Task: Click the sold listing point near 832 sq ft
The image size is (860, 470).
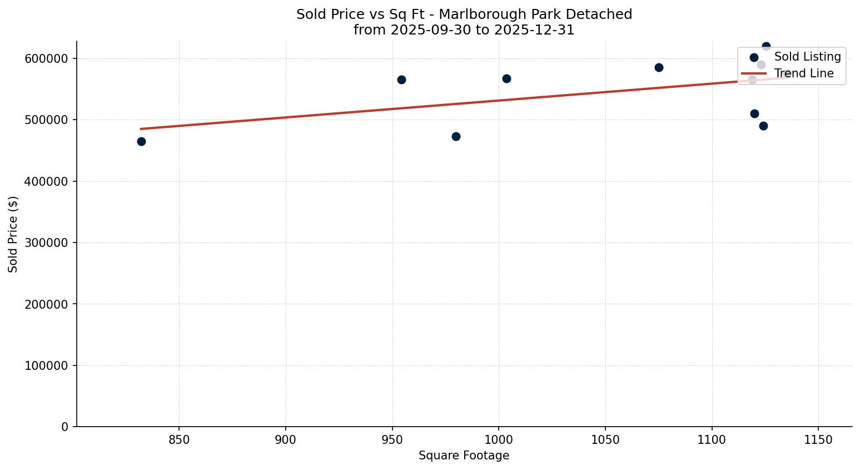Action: coord(141,141)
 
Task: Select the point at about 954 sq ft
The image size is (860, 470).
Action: coord(401,80)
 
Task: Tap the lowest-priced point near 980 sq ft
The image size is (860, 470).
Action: coord(456,136)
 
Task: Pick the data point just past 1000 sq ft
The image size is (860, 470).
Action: coord(506,78)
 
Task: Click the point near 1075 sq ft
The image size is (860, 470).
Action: coord(659,67)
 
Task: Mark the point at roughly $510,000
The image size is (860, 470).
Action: coord(754,113)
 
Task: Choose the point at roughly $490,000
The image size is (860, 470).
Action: coord(763,126)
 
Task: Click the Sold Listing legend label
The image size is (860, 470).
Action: coord(807,57)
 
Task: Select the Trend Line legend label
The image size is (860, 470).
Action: coord(804,73)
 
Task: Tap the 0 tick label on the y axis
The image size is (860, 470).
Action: coord(64,427)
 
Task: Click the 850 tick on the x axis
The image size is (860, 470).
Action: coord(179,440)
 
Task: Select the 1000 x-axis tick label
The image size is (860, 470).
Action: coord(499,440)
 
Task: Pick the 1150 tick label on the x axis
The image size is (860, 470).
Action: coord(818,440)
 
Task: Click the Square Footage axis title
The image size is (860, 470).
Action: coord(464,456)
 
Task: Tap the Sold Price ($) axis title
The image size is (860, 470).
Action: coord(13,234)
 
